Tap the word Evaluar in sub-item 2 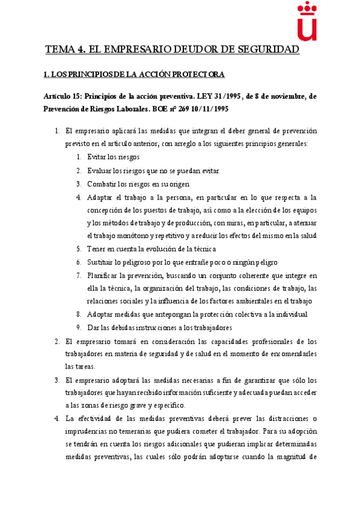[99, 170]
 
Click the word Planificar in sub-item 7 [104, 275]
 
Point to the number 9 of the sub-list [79, 328]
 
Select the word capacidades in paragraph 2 [224, 341]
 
